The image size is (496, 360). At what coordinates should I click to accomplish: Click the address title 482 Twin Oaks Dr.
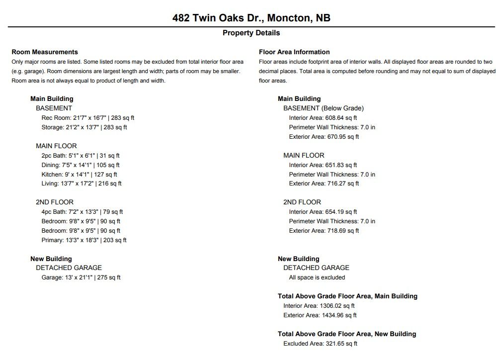coord(251,18)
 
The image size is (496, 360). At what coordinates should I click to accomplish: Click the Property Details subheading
coord(251,33)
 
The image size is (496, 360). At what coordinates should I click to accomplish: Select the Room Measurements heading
coord(45,52)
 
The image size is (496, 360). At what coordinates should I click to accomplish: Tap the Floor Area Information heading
coord(294,52)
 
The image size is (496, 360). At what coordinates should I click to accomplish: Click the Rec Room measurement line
coord(88,118)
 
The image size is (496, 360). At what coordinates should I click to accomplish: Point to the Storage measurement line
coord(84,127)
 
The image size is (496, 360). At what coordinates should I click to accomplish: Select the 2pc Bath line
coord(81,156)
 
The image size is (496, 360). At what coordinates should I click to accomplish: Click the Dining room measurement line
coord(81,165)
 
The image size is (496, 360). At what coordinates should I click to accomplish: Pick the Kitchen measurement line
coord(80,175)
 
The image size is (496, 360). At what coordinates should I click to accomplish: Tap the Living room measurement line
coord(82,183)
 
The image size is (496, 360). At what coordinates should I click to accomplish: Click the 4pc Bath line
coord(82,212)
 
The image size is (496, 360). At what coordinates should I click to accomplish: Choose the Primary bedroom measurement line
coord(84,240)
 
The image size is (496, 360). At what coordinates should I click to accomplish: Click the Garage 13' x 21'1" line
coord(81,277)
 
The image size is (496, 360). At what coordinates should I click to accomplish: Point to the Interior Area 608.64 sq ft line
coord(323,118)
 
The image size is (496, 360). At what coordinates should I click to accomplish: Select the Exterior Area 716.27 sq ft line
coord(324,183)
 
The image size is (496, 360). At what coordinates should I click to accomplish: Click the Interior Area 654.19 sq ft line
coord(323,212)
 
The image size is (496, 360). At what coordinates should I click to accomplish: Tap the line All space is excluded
coord(317,277)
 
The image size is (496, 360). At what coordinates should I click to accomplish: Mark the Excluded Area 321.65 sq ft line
coord(320,344)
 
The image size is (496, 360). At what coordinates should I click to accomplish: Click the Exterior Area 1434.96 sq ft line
coord(320,315)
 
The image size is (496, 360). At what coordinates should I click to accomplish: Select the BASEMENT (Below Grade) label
coord(324,108)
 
